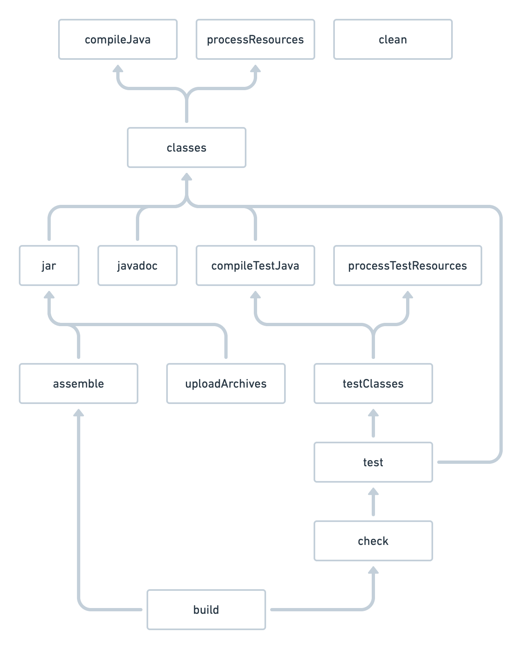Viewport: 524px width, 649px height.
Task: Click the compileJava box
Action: coord(118,39)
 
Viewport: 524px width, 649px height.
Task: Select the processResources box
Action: coord(255,39)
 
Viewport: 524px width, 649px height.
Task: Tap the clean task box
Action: coord(393,39)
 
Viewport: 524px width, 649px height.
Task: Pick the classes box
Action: coord(186,147)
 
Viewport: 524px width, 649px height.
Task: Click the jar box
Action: coord(49,265)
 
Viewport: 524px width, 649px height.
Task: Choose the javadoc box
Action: coord(137,265)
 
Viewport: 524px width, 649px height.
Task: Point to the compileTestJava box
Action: coord(255,265)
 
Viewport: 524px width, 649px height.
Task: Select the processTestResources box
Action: coord(407,265)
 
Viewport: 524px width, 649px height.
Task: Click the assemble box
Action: coord(78,383)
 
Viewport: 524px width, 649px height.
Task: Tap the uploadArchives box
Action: coord(226,383)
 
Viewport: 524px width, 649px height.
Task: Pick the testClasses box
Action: coord(373,383)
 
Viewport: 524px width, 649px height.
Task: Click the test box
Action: coord(373,462)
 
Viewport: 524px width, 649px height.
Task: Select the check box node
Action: coord(373,541)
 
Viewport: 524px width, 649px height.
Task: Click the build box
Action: coord(206,610)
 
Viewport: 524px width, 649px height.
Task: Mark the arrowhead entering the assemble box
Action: coord(78,413)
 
